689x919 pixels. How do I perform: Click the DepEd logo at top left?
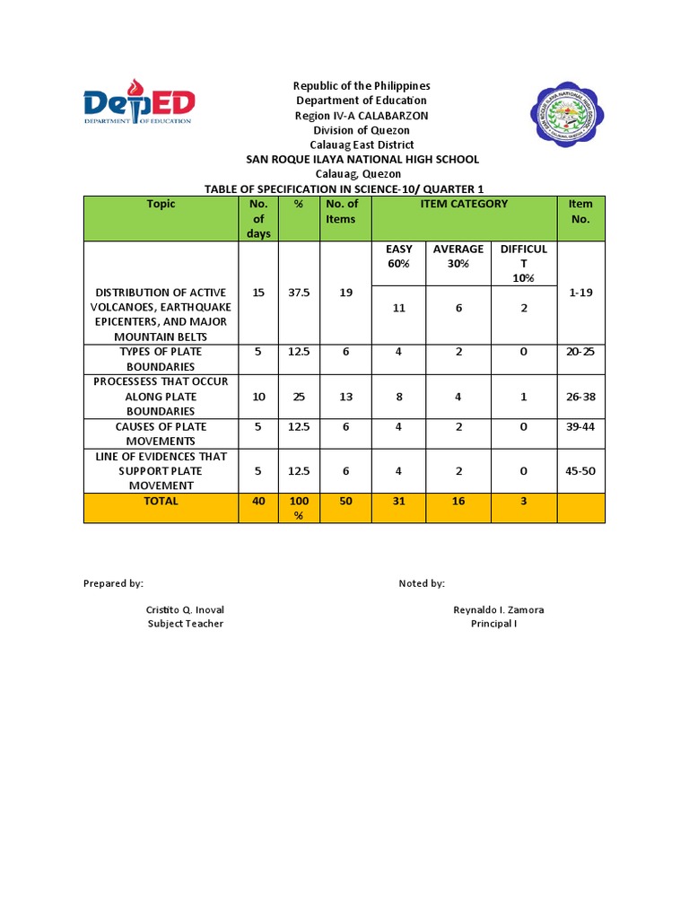click(x=139, y=101)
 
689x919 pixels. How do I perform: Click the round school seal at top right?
click(x=565, y=116)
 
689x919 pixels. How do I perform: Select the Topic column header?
click(x=161, y=204)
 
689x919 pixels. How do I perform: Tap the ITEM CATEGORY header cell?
click(x=464, y=204)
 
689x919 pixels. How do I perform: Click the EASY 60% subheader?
click(x=398, y=256)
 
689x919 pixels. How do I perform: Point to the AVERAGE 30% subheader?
click(x=458, y=256)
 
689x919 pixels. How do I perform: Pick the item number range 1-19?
click(x=580, y=293)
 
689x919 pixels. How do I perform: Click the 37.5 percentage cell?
click(x=299, y=293)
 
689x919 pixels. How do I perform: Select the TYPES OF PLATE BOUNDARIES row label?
click(x=161, y=359)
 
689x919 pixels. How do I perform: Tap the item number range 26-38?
click(x=580, y=397)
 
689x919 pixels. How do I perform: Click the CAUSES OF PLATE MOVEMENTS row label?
click(x=161, y=433)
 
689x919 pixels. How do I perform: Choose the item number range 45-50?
click(x=580, y=471)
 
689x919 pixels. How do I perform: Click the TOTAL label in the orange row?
click(x=161, y=501)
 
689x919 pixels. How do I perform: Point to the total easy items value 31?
click(x=398, y=501)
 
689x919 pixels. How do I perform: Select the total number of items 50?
click(x=345, y=501)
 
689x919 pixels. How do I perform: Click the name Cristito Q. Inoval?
click(x=185, y=609)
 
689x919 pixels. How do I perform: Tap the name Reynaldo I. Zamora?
click(x=498, y=609)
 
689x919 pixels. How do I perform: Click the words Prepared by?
click(x=113, y=583)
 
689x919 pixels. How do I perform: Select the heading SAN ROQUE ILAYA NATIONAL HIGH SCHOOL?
click(x=362, y=159)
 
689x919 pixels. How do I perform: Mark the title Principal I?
click(x=493, y=624)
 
